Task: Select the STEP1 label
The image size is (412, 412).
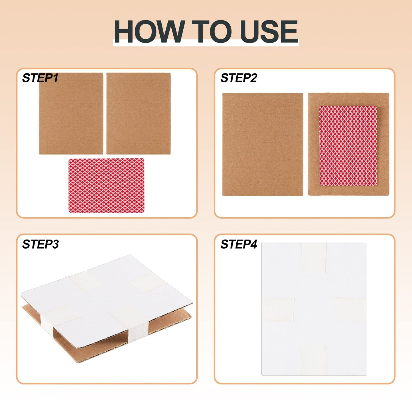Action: pyautogui.click(x=40, y=78)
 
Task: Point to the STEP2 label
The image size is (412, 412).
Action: pyautogui.click(x=239, y=78)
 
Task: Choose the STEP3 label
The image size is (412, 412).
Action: pyautogui.click(x=40, y=244)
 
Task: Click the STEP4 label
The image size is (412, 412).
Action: pyautogui.click(x=239, y=244)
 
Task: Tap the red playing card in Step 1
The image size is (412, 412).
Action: pyautogui.click(x=106, y=186)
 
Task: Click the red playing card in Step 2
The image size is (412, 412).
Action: pyautogui.click(x=348, y=146)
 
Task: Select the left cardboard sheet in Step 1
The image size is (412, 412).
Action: pyautogui.click(x=71, y=113)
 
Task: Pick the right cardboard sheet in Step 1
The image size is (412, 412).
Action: pyautogui.click(x=139, y=113)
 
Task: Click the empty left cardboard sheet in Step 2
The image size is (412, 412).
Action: pyautogui.click(x=263, y=144)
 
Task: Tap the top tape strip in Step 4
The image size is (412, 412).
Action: pyautogui.click(x=314, y=258)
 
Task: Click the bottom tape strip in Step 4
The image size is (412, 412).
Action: pyautogui.click(x=314, y=360)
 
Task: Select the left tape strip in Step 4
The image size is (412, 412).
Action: pyautogui.click(x=278, y=309)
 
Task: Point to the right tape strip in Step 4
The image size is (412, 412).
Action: pyautogui.click(x=350, y=309)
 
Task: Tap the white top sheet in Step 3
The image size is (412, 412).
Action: pyautogui.click(x=107, y=299)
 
